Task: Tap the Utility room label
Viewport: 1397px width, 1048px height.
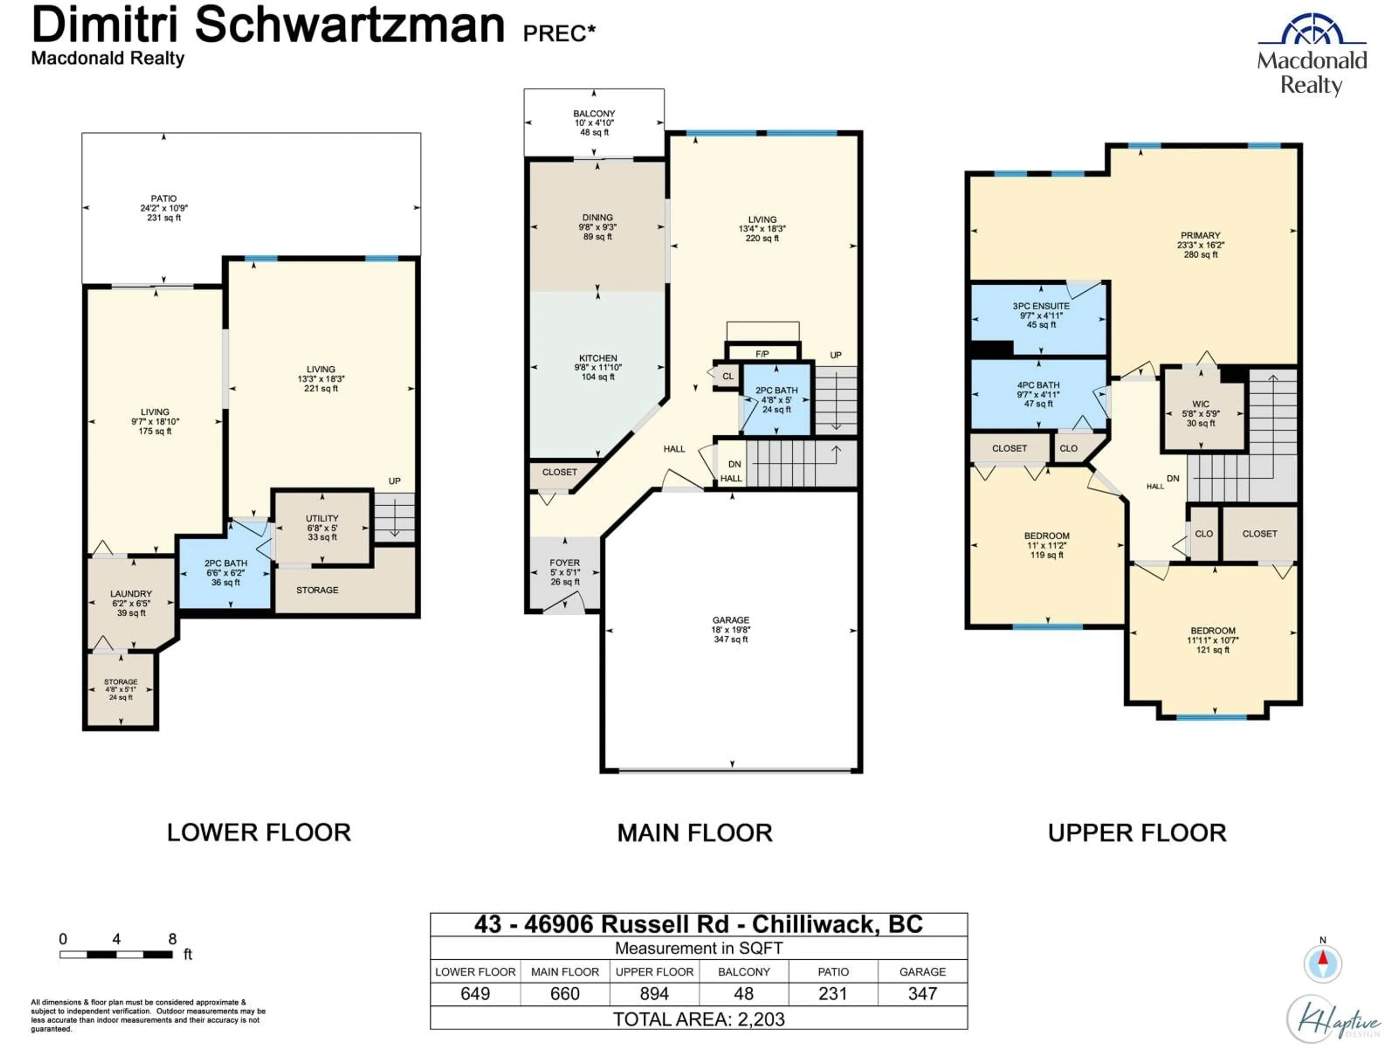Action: point(322,519)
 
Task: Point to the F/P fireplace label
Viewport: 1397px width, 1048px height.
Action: point(762,354)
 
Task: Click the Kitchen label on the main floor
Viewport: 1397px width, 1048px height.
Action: point(597,358)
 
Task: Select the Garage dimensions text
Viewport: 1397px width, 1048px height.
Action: point(731,630)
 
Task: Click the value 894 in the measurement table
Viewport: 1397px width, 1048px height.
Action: point(654,994)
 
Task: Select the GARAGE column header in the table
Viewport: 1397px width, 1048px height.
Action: point(922,972)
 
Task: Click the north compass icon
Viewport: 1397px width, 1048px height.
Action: point(1322,963)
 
